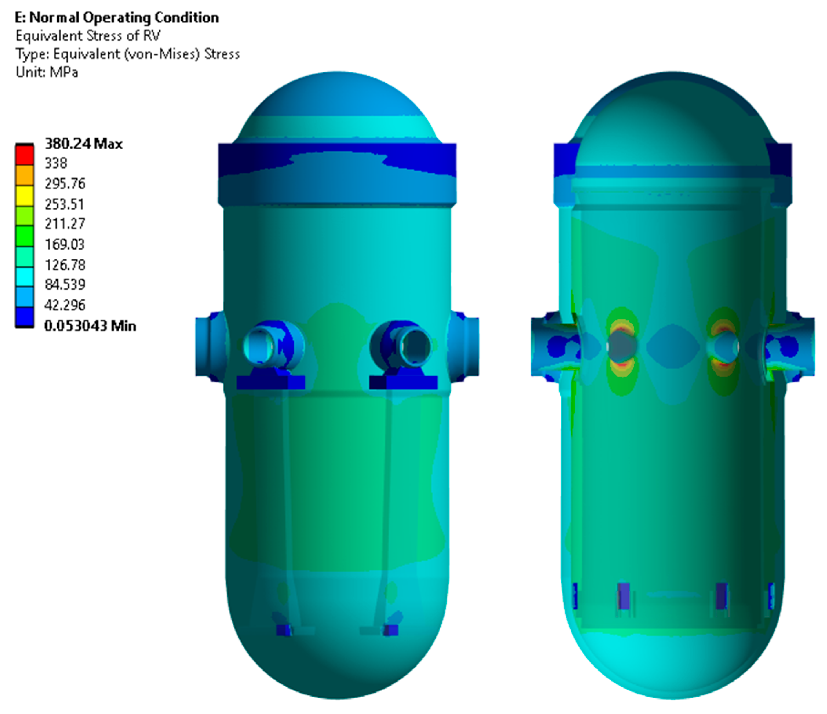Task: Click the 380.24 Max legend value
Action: tap(83, 144)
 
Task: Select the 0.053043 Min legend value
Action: tap(90, 326)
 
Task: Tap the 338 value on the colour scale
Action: tap(56, 163)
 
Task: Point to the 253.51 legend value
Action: tap(65, 204)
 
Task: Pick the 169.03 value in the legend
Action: tap(65, 244)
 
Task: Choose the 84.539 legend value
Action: tap(65, 284)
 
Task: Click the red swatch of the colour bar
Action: tap(24, 155)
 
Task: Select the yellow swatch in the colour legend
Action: tap(24, 196)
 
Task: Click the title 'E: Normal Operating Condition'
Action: tap(117, 18)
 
